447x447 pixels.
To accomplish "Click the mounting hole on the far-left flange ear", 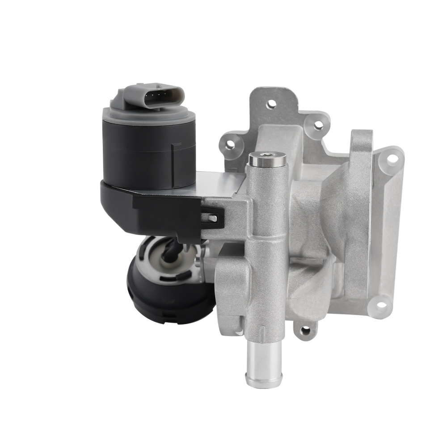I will [x=230, y=145].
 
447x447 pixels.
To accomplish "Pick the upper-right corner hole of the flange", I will [x=392, y=158].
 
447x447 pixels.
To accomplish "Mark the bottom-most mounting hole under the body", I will [x=305, y=331].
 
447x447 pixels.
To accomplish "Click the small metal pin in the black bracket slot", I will [x=213, y=218].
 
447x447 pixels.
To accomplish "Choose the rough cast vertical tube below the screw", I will [x=267, y=246].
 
